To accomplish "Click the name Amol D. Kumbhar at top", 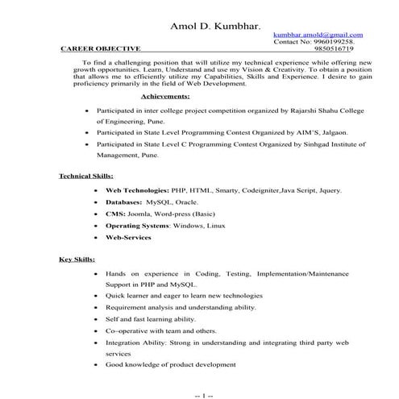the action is point(215,27).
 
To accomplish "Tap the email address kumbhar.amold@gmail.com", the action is point(318,35).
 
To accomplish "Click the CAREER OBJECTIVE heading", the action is point(101,49).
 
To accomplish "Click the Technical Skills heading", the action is point(86,176).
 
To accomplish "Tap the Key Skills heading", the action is point(77,260).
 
